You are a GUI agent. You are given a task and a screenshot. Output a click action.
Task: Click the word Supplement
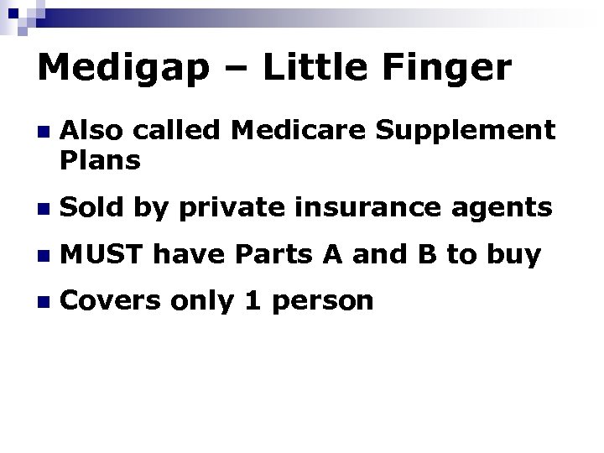pos(471,133)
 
